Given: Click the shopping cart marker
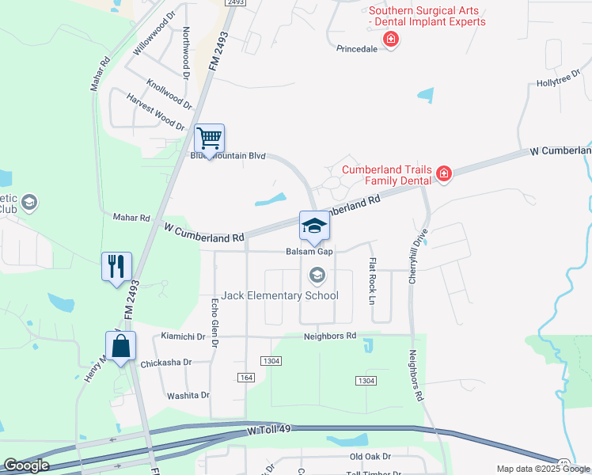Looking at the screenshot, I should (x=210, y=139).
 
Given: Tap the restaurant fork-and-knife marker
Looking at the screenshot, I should (x=116, y=266).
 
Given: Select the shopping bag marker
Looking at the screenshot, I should (x=120, y=346).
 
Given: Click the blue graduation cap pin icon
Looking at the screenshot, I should (x=314, y=226).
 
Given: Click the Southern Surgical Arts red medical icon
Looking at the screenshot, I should (x=389, y=39).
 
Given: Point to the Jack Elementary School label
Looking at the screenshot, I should (x=280, y=295).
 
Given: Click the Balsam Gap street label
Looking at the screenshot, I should (x=309, y=252).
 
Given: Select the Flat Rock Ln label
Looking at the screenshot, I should (x=370, y=281).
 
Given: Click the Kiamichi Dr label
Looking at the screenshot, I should (x=183, y=336).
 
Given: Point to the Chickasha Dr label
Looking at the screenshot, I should (x=165, y=362).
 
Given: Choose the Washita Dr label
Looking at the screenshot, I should (x=188, y=395).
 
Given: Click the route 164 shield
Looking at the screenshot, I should (x=245, y=378).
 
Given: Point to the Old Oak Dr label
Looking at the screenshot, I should (x=370, y=457).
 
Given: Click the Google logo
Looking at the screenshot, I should (x=27, y=465).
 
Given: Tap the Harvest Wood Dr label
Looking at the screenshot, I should (x=155, y=111).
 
